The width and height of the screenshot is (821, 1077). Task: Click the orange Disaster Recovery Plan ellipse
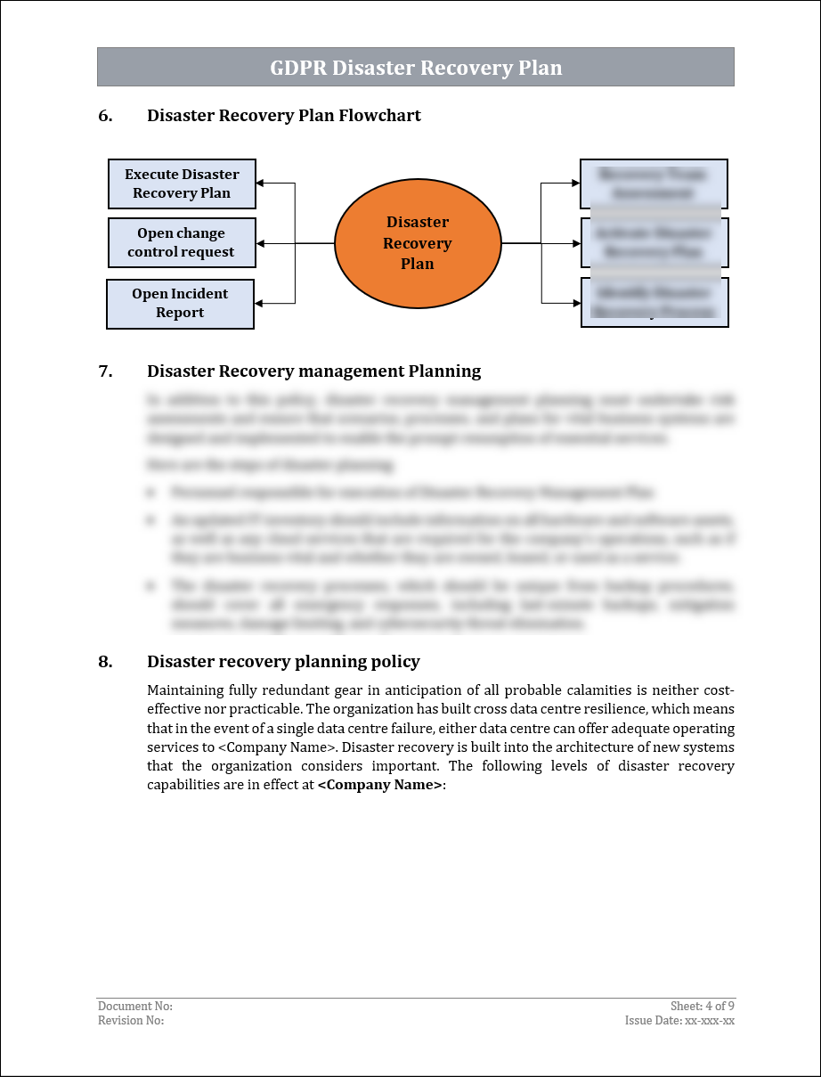[x=418, y=243]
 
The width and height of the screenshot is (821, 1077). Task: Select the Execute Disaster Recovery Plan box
[x=182, y=184]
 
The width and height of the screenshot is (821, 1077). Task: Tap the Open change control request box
[x=181, y=242]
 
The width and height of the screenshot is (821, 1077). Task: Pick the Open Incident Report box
[x=180, y=304]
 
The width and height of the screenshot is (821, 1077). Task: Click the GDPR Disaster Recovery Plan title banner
[x=416, y=68]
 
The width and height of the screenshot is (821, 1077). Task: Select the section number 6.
[x=105, y=116]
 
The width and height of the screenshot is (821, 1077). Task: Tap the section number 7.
[x=105, y=371]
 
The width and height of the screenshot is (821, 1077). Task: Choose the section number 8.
[x=105, y=662]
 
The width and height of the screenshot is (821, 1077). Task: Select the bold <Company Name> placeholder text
[x=379, y=785]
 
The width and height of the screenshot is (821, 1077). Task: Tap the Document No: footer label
[x=135, y=1007]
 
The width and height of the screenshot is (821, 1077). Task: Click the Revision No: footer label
[x=131, y=1021]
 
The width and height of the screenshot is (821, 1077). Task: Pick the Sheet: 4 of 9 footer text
[x=703, y=1007]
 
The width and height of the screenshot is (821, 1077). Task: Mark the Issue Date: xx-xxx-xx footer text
[x=679, y=1021]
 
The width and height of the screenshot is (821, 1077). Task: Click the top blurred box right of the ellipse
[x=654, y=184]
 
